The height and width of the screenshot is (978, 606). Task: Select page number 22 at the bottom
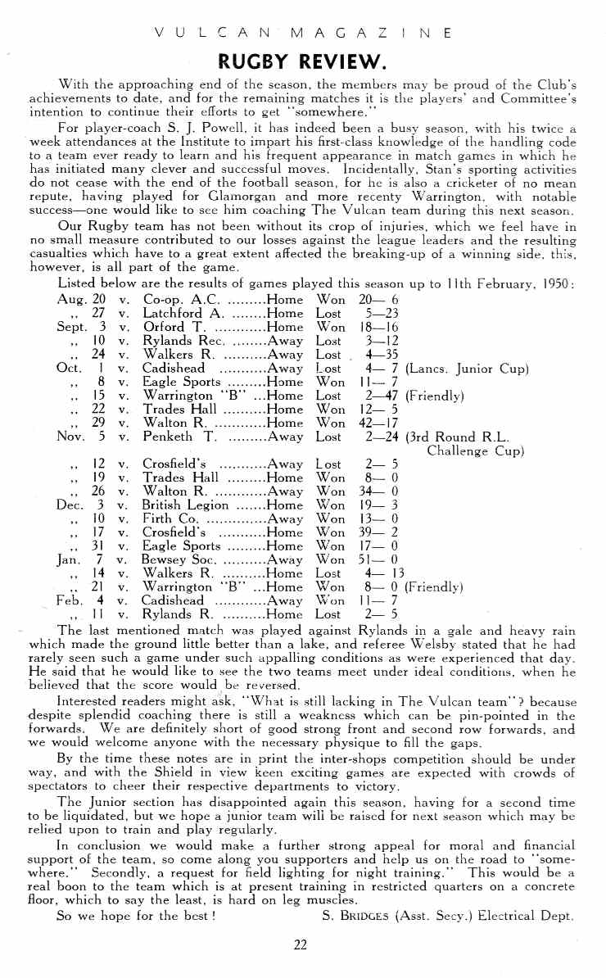[301, 944]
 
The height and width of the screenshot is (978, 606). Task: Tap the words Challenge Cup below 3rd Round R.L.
[476, 451]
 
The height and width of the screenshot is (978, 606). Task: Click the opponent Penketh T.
[179, 437]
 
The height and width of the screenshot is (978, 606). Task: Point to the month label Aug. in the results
[73, 299]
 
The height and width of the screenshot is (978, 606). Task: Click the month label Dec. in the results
[70, 505]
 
